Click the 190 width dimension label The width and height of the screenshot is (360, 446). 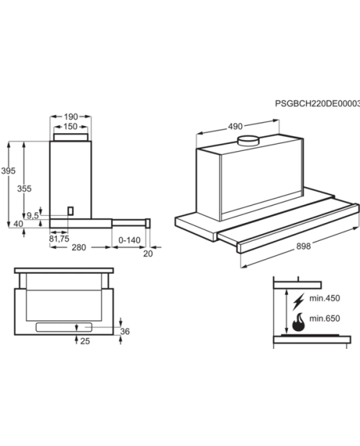[x=71, y=117]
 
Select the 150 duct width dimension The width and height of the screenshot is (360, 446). [x=71, y=127]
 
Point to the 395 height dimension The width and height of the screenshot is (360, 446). [x=8, y=171]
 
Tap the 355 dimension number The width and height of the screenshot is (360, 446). [x=24, y=188]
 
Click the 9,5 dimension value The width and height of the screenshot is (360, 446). [x=32, y=216]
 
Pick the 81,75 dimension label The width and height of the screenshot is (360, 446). [x=59, y=239]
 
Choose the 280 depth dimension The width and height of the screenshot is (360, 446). [x=78, y=247]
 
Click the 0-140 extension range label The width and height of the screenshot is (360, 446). [x=130, y=240]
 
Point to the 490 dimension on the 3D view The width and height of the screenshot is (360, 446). [x=235, y=127]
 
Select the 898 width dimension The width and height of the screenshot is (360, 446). [x=303, y=246]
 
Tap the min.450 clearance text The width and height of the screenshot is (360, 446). [x=325, y=298]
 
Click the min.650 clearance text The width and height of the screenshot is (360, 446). [x=325, y=318]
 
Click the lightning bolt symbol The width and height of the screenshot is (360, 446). [x=299, y=301]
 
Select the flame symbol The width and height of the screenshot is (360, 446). [x=298, y=322]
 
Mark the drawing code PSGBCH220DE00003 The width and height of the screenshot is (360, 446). [x=318, y=104]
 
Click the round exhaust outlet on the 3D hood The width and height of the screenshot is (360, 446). [x=248, y=141]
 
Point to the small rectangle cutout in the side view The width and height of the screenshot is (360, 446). [x=71, y=211]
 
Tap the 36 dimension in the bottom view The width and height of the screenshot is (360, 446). [x=125, y=332]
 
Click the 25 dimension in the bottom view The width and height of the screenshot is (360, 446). [x=85, y=341]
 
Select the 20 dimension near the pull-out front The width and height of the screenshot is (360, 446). [x=148, y=254]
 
